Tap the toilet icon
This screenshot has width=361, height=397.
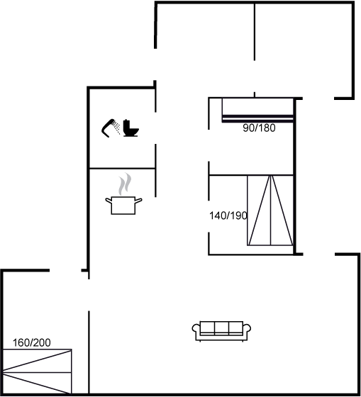coord(131,128)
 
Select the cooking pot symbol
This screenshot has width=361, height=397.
coord(123,206)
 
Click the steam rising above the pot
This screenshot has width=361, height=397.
coord(125,184)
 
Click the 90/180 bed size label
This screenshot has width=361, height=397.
coord(259,128)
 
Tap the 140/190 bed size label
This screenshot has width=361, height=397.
coord(228,216)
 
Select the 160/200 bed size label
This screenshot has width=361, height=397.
coord(32,343)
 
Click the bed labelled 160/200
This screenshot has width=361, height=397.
coord(37,371)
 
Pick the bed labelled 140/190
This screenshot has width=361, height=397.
coord(270,210)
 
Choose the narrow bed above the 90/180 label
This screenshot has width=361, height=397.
coord(257,110)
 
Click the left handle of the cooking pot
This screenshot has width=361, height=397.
coord(109,201)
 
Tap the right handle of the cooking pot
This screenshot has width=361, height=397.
coord(138,201)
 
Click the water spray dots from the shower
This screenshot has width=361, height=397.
coord(116,127)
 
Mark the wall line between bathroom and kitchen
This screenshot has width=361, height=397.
coord(123,168)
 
